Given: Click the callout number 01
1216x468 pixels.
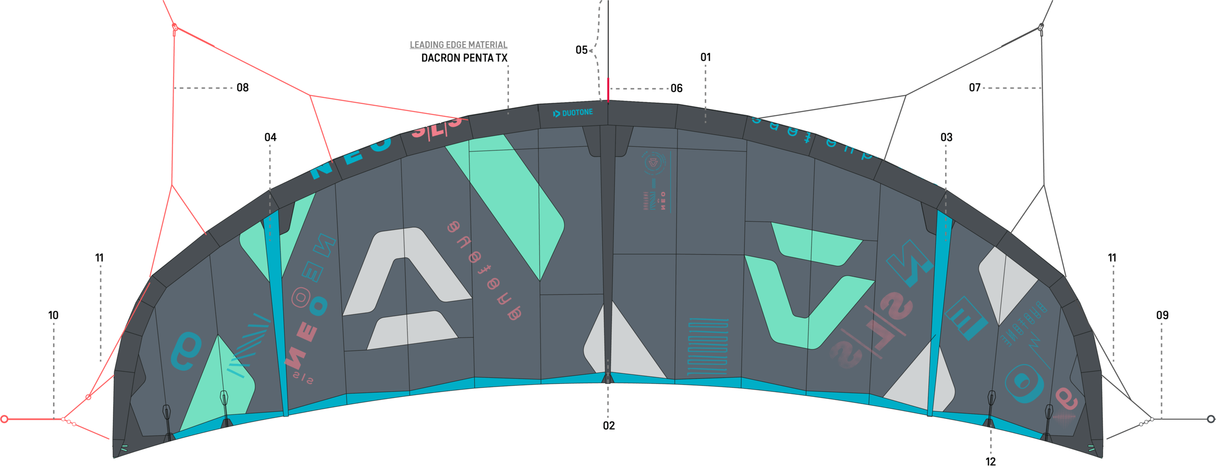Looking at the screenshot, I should [x=705, y=57].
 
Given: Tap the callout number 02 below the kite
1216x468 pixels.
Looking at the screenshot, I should [x=608, y=426].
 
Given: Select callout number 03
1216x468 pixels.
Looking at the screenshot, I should [x=946, y=137].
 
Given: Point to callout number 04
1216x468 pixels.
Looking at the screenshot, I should [x=270, y=137].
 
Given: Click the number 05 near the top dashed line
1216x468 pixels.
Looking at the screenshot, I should [x=581, y=50].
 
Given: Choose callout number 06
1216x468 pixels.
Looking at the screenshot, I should [x=676, y=88].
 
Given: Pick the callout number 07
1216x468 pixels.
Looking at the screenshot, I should [x=974, y=88].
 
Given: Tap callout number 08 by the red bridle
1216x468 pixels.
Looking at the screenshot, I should [x=242, y=88].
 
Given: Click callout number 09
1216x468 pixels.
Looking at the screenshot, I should [x=1162, y=315].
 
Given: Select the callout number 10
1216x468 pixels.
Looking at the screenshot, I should [x=53, y=315].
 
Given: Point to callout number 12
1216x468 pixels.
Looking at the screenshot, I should [x=991, y=461].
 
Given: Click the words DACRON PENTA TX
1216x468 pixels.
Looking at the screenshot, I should [x=464, y=58].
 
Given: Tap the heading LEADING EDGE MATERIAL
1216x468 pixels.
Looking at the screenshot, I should [x=458, y=45].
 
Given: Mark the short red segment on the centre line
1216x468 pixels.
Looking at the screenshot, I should [x=608, y=89].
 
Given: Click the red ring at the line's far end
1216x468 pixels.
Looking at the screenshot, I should [x=4, y=419].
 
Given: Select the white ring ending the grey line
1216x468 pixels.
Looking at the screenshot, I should [x=1211, y=419].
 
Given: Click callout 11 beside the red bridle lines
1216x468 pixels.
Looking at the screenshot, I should [x=99, y=258].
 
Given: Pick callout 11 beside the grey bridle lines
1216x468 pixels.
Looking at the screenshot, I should [x=1112, y=258].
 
